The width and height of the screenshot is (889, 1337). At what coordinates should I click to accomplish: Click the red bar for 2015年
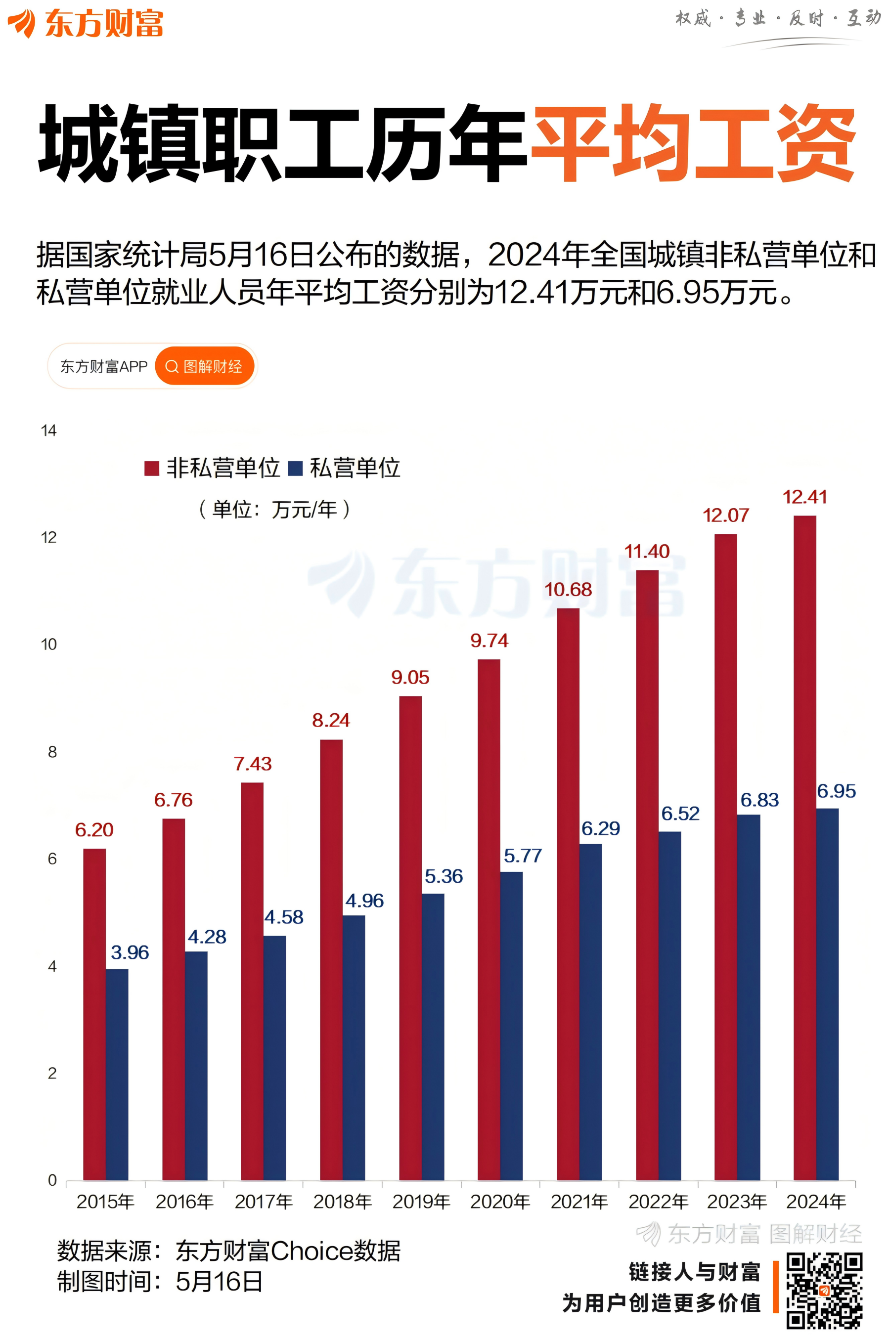(x=94, y=1015)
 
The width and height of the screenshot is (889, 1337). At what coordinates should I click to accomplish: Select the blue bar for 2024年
(x=827, y=994)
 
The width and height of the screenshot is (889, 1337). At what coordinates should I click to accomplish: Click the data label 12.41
(x=804, y=497)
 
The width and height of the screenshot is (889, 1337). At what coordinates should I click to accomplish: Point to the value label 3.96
(x=130, y=952)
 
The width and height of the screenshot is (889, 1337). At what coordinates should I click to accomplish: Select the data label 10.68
(x=568, y=590)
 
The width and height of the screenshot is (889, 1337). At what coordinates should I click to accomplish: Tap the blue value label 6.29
(x=600, y=828)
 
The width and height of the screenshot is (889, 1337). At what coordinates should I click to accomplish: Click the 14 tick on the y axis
(x=49, y=431)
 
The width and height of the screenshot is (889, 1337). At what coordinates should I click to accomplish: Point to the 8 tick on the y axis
(x=52, y=752)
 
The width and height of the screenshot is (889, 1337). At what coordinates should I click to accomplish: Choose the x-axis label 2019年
(x=421, y=1201)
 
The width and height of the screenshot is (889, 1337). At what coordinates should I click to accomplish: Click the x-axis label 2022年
(x=658, y=1201)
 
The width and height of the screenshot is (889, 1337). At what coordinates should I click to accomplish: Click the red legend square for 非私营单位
(x=151, y=468)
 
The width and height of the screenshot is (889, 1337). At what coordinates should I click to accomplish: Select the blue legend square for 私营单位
(x=295, y=468)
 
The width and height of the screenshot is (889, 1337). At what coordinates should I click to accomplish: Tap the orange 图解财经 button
(x=204, y=366)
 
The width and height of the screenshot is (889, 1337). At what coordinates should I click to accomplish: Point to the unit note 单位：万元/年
(x=274, y=509)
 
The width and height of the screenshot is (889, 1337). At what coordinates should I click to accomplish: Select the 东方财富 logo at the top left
(x=85, y=24)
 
